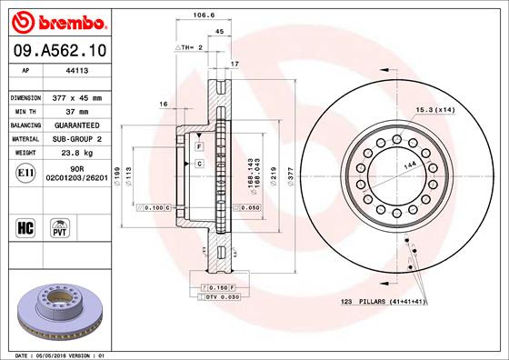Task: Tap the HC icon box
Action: click(x=25, y=224)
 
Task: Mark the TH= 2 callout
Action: click(x=187, y=46)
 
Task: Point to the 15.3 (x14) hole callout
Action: click(x=435, y=110)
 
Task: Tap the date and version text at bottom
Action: click(x=56, y=354)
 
